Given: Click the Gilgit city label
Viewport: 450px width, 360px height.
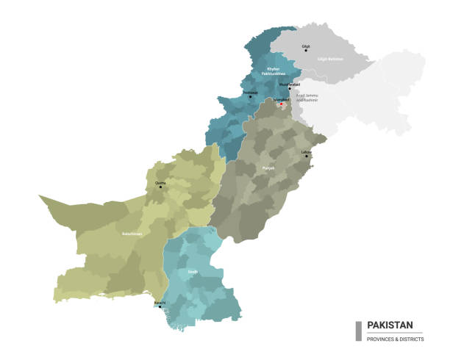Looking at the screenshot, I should (306, 46).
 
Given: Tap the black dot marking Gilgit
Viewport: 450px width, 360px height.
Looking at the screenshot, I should (307, 51).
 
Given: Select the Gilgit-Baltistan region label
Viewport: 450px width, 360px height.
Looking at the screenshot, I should (330, 57).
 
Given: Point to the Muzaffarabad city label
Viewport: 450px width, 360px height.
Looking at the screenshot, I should (290, 84).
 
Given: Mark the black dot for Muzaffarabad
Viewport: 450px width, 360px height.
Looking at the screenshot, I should (290, 88).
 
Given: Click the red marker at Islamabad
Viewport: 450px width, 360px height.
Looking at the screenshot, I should (280, 104).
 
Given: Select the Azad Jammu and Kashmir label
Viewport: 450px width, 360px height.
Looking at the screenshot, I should (308, 96).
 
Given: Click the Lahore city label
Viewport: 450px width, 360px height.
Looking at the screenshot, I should (306, 151).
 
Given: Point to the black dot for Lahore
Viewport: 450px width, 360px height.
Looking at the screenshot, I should (307, 156).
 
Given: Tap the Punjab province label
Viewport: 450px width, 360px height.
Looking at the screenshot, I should (268, 168).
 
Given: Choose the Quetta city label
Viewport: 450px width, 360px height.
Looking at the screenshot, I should (160, 182).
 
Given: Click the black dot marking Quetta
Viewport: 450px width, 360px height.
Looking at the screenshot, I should (161, 187).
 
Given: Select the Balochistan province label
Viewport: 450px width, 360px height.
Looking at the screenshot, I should (132, 234).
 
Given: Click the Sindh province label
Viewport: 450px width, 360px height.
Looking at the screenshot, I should (193, 271).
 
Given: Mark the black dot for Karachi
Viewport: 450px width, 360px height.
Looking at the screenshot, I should (160, 307).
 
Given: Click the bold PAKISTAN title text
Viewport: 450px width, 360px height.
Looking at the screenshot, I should (390, 325).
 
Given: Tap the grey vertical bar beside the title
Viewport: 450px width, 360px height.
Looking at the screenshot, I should (358, 331).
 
